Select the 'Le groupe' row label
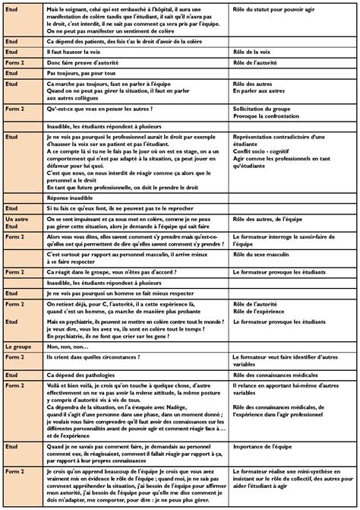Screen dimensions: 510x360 (17, 346)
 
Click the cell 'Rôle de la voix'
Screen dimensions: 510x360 (254, 51)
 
